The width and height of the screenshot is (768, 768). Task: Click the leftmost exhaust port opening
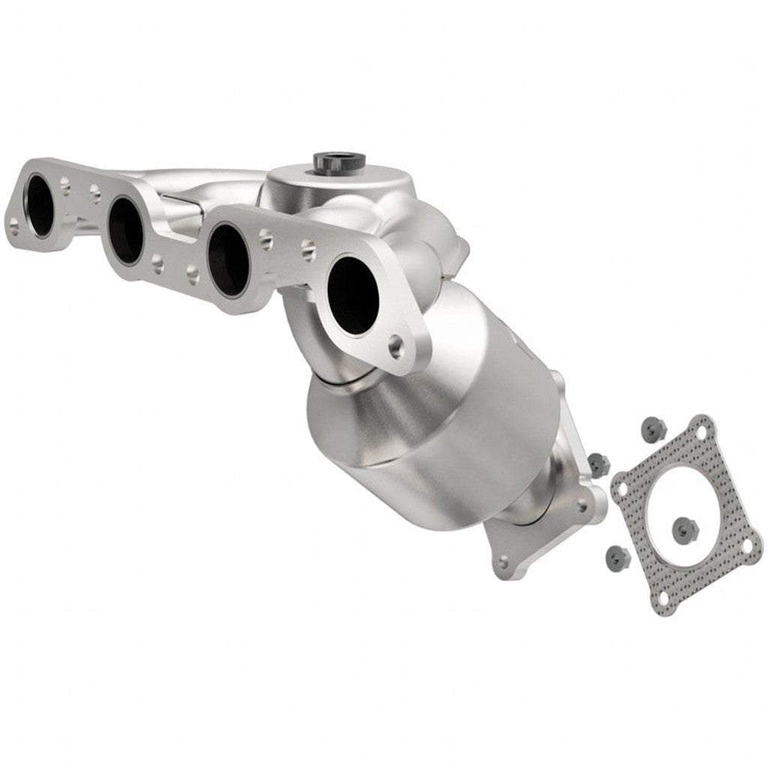(40, 205)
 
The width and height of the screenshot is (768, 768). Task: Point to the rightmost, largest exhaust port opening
(353, 295)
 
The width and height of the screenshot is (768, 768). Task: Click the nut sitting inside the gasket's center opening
(684, 529)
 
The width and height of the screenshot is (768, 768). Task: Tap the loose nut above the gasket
(653, 428)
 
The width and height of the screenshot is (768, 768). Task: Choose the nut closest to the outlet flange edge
(598, 463)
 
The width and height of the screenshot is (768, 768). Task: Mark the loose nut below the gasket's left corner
(616, 555)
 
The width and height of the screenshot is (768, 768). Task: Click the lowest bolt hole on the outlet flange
(503, 560)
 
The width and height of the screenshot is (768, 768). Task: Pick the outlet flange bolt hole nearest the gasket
(583, 506)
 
